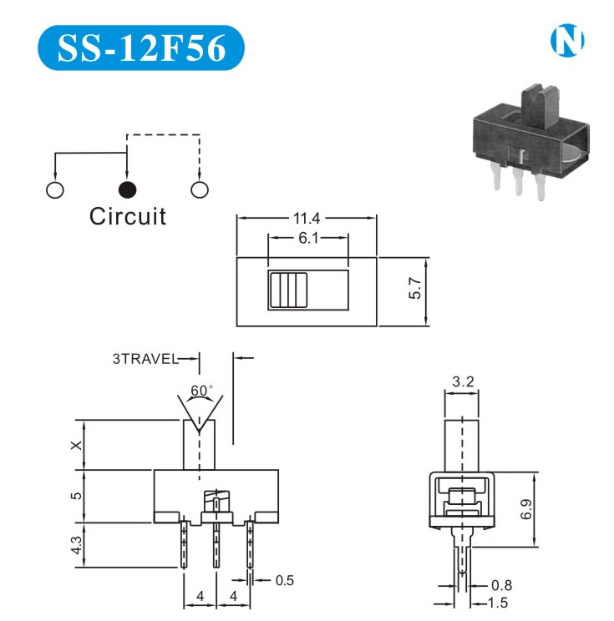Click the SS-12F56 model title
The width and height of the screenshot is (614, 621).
141,48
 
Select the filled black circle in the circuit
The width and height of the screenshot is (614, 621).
127,189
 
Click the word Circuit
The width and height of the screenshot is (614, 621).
128,217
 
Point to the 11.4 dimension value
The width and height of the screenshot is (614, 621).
307,219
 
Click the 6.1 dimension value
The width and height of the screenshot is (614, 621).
307,238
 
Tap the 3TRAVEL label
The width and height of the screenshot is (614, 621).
145,359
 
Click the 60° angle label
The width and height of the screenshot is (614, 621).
201,391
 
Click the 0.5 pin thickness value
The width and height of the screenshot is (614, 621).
284,580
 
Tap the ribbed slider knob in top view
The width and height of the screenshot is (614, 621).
284,290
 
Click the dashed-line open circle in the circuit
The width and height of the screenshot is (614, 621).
199,189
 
